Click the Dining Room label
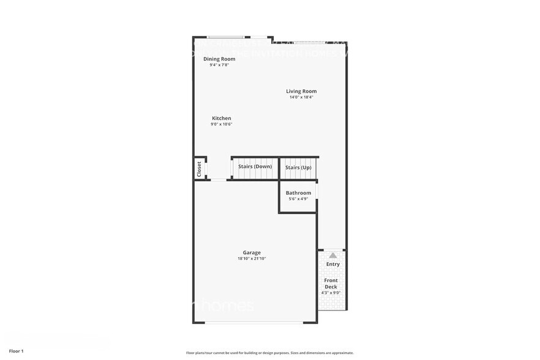[219, 59]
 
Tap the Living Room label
[301, 91]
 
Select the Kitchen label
[222, 118]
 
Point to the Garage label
[252, 252]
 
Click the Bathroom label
[298, 193]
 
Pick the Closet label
[199, 169]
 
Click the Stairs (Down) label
[255, 167]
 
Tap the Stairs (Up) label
[298, 167]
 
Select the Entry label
[332, 264]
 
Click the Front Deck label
[331, 283]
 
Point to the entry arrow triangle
[332, 255]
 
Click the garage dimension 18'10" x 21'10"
[252, 258]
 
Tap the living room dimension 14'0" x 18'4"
[301, 97]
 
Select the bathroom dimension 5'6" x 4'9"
[298, 198]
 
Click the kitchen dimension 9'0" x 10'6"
[222, 124]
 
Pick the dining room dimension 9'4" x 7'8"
[219, 64]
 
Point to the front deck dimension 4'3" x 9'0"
[331, 293]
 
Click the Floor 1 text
[16, 351]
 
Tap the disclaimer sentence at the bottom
[269, 353]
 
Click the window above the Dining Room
[225, 37]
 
